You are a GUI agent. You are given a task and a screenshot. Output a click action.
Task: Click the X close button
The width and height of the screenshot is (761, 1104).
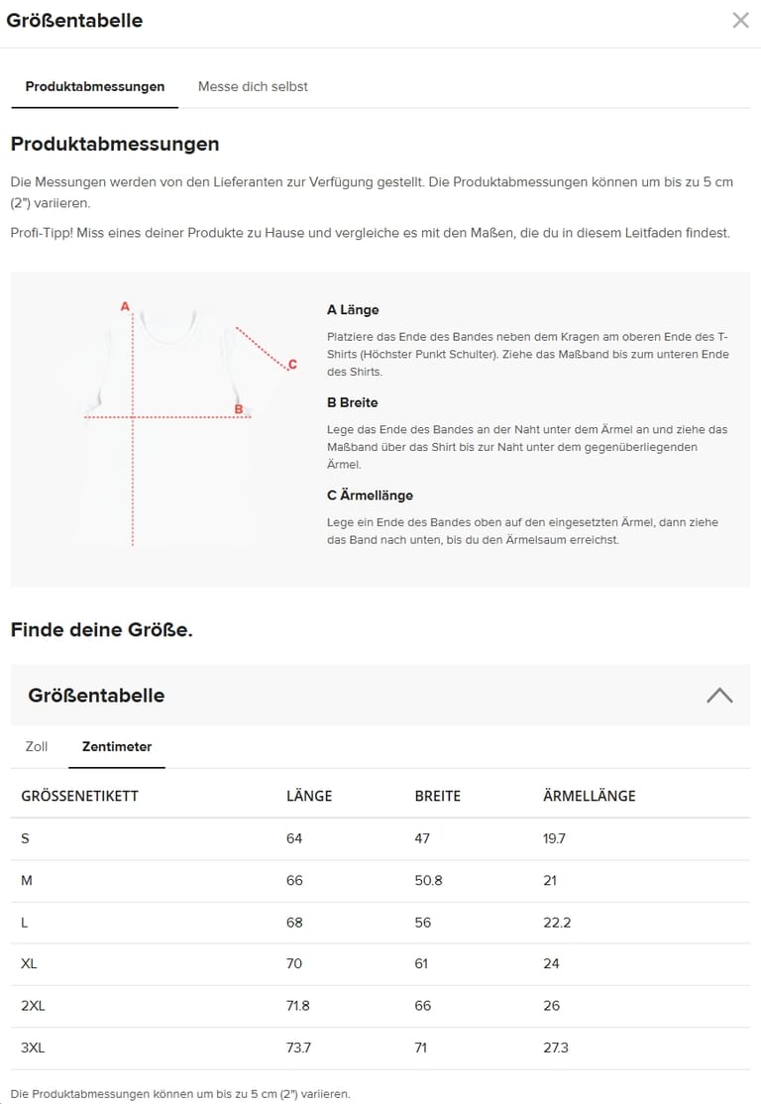click(x=740, y=20)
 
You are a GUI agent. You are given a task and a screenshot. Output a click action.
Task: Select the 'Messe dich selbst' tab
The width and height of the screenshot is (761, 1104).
click(x=253, y=87)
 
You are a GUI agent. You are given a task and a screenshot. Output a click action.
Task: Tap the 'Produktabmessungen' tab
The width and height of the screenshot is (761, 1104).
click(x=95, y=87)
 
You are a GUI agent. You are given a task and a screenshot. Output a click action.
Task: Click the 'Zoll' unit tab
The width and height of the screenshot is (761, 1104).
click(x=37, y=746)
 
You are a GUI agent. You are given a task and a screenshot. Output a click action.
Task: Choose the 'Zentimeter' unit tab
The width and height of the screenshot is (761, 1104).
click(x=117, y=746)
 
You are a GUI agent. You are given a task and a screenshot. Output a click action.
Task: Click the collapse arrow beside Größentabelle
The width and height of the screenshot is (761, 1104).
click(x=719, y=695)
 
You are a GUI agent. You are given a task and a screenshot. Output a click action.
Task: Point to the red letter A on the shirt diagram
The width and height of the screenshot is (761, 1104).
click(x=125, y=306)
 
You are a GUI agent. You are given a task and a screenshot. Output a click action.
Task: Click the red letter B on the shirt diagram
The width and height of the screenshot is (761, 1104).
click(x=238, y=408)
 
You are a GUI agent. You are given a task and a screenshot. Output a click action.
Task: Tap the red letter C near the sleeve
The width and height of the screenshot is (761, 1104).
click(x=292, y=365)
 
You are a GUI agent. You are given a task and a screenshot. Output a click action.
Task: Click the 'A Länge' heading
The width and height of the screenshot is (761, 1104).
click(x=353, y=310)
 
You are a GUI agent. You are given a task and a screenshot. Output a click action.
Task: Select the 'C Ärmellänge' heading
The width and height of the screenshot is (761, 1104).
click(x=370, y=496)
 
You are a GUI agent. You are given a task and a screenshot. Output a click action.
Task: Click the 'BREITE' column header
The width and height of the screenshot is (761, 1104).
click(x=437, y=796)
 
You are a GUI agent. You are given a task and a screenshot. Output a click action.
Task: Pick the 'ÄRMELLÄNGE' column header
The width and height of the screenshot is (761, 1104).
click(x=589, y=796)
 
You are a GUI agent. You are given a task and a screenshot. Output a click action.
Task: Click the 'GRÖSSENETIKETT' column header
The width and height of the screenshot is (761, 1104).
click(x=79, y=796)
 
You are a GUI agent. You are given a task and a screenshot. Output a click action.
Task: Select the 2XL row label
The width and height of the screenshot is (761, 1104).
click(x=33, y=1006)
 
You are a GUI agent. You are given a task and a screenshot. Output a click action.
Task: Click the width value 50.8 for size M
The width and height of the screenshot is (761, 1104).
click(x=428, y=880)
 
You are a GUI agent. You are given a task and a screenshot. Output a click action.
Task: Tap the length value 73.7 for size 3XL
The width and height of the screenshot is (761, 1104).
click(x=298, y=1048)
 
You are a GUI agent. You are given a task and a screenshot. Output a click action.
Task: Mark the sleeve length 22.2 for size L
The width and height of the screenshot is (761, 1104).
click(x=557, y=923)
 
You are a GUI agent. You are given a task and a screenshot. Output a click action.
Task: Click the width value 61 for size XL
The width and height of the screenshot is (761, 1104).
click(x=422, y=964)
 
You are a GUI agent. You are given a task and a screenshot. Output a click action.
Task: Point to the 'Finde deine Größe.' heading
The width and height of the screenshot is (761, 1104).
click(x=101, y=629)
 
